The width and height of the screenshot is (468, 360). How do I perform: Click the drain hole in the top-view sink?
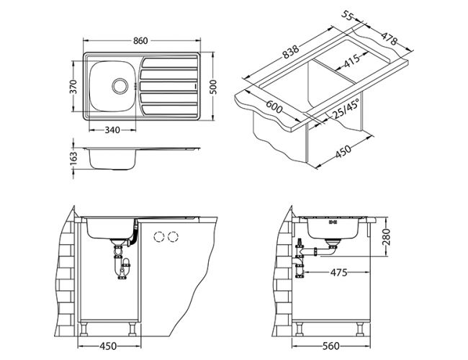coord(117,85)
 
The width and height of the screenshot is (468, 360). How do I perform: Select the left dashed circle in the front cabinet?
coord(158,236)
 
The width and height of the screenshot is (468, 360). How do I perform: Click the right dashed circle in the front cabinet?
coord(174,236)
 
